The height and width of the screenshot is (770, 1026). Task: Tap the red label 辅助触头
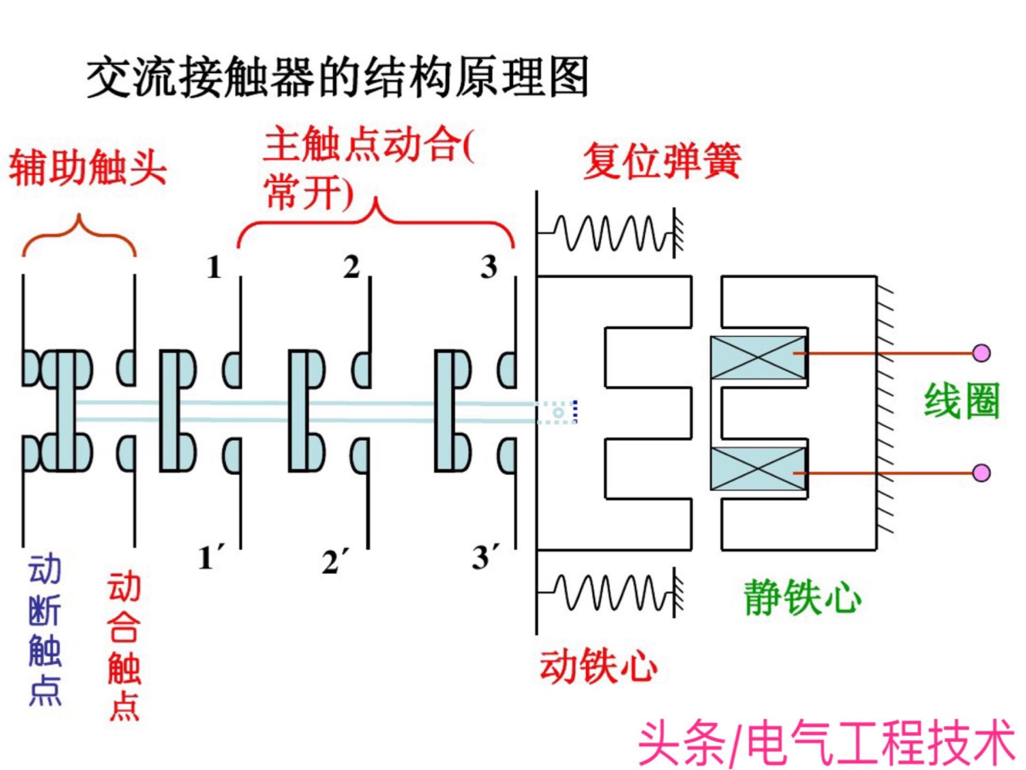(x=88, y=167)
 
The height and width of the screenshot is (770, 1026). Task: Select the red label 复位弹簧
(x=662, y=160)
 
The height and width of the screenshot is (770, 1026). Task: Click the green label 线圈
(x=961, y=401)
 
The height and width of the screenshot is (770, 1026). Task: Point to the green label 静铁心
(x=802, y=597)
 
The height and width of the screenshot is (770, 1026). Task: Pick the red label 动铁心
(x=598, y=666)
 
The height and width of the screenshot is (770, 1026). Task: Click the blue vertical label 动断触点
(x=45, y=631)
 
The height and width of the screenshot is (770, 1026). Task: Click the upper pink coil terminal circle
(x=981, y=353)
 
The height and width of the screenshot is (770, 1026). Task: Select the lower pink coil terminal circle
(x=981, y=473)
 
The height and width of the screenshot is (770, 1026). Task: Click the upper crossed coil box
(x=758, y=357)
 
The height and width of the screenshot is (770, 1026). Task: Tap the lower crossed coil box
(x=758, y=469)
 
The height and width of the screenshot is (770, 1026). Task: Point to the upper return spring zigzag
(x=609, y=233)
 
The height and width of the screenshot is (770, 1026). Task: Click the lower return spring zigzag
(x=609, y=592)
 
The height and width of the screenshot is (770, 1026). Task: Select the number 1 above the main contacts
(x=214, y=267)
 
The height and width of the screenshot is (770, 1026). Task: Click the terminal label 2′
(x=335, y=561)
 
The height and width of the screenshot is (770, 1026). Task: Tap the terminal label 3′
(x=486, y=557)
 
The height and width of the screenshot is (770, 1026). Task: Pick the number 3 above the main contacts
(x=488, y=267)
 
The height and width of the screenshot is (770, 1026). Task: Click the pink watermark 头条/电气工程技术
(x=826, y=743)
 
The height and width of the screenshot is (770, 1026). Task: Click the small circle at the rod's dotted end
(x=558, y=413)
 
